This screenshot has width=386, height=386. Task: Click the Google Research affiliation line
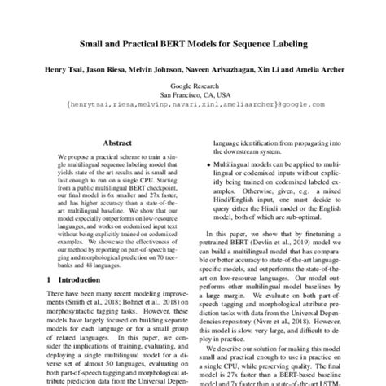[x=192, y=86]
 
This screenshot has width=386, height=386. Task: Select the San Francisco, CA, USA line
[x=192, y=94]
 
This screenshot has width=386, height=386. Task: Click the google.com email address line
[x=192, y=104]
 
